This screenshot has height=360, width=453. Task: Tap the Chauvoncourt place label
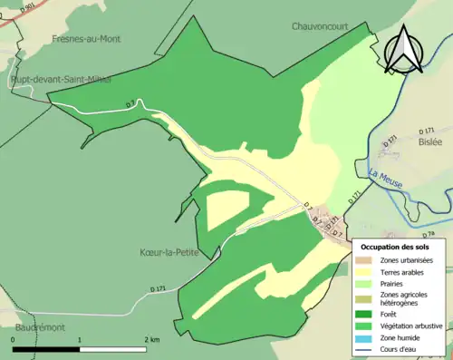click(x=329, y=26)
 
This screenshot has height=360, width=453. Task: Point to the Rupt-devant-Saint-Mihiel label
click(x=61, y=80)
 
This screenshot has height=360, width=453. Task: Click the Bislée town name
click(x=429, y=142)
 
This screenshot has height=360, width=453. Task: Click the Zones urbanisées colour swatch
click(x=366, y=261)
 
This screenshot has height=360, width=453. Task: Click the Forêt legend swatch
click(x=366, y=314)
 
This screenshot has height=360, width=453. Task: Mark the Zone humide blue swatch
click(x=366, y=337)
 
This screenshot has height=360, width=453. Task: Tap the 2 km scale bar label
click(x=149, y=338)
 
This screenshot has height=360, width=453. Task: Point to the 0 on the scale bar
click(x=14, y=338)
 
